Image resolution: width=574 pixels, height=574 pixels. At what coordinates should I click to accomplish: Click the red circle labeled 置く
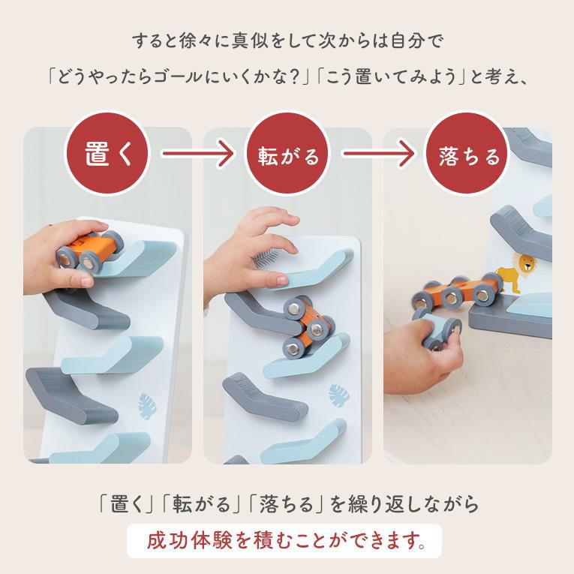(x=107, y=153)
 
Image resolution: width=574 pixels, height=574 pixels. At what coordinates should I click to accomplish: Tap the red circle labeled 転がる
(x=287, y=153)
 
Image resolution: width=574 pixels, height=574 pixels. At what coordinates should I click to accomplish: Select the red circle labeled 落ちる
(x=467, y=153)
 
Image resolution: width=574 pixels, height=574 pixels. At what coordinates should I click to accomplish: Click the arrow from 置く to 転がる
(x=197, y=153)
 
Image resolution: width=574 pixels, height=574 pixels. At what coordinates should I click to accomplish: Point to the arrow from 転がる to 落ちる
(x=377, y=153)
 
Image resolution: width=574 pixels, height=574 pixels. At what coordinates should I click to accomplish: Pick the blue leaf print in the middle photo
(x=339, y=395)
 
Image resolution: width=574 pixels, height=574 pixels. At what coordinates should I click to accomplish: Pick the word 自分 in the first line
(x=407, y=41)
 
